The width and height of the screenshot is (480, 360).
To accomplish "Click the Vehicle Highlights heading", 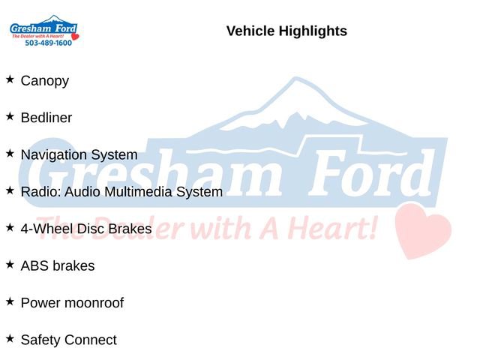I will [286, 31].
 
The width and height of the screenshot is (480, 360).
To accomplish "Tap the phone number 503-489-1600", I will [48, 43].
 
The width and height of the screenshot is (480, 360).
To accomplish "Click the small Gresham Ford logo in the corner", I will [43, 30].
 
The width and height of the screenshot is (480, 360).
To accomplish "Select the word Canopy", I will [45, 80].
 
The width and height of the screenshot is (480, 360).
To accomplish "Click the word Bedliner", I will [46, 118].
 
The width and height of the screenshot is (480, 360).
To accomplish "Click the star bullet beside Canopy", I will [10, 79].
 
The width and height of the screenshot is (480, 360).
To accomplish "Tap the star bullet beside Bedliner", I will [10, 116].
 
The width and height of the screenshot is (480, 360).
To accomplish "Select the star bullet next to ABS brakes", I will [10, 264].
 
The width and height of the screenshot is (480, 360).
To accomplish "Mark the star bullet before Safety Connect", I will [10, 338].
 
